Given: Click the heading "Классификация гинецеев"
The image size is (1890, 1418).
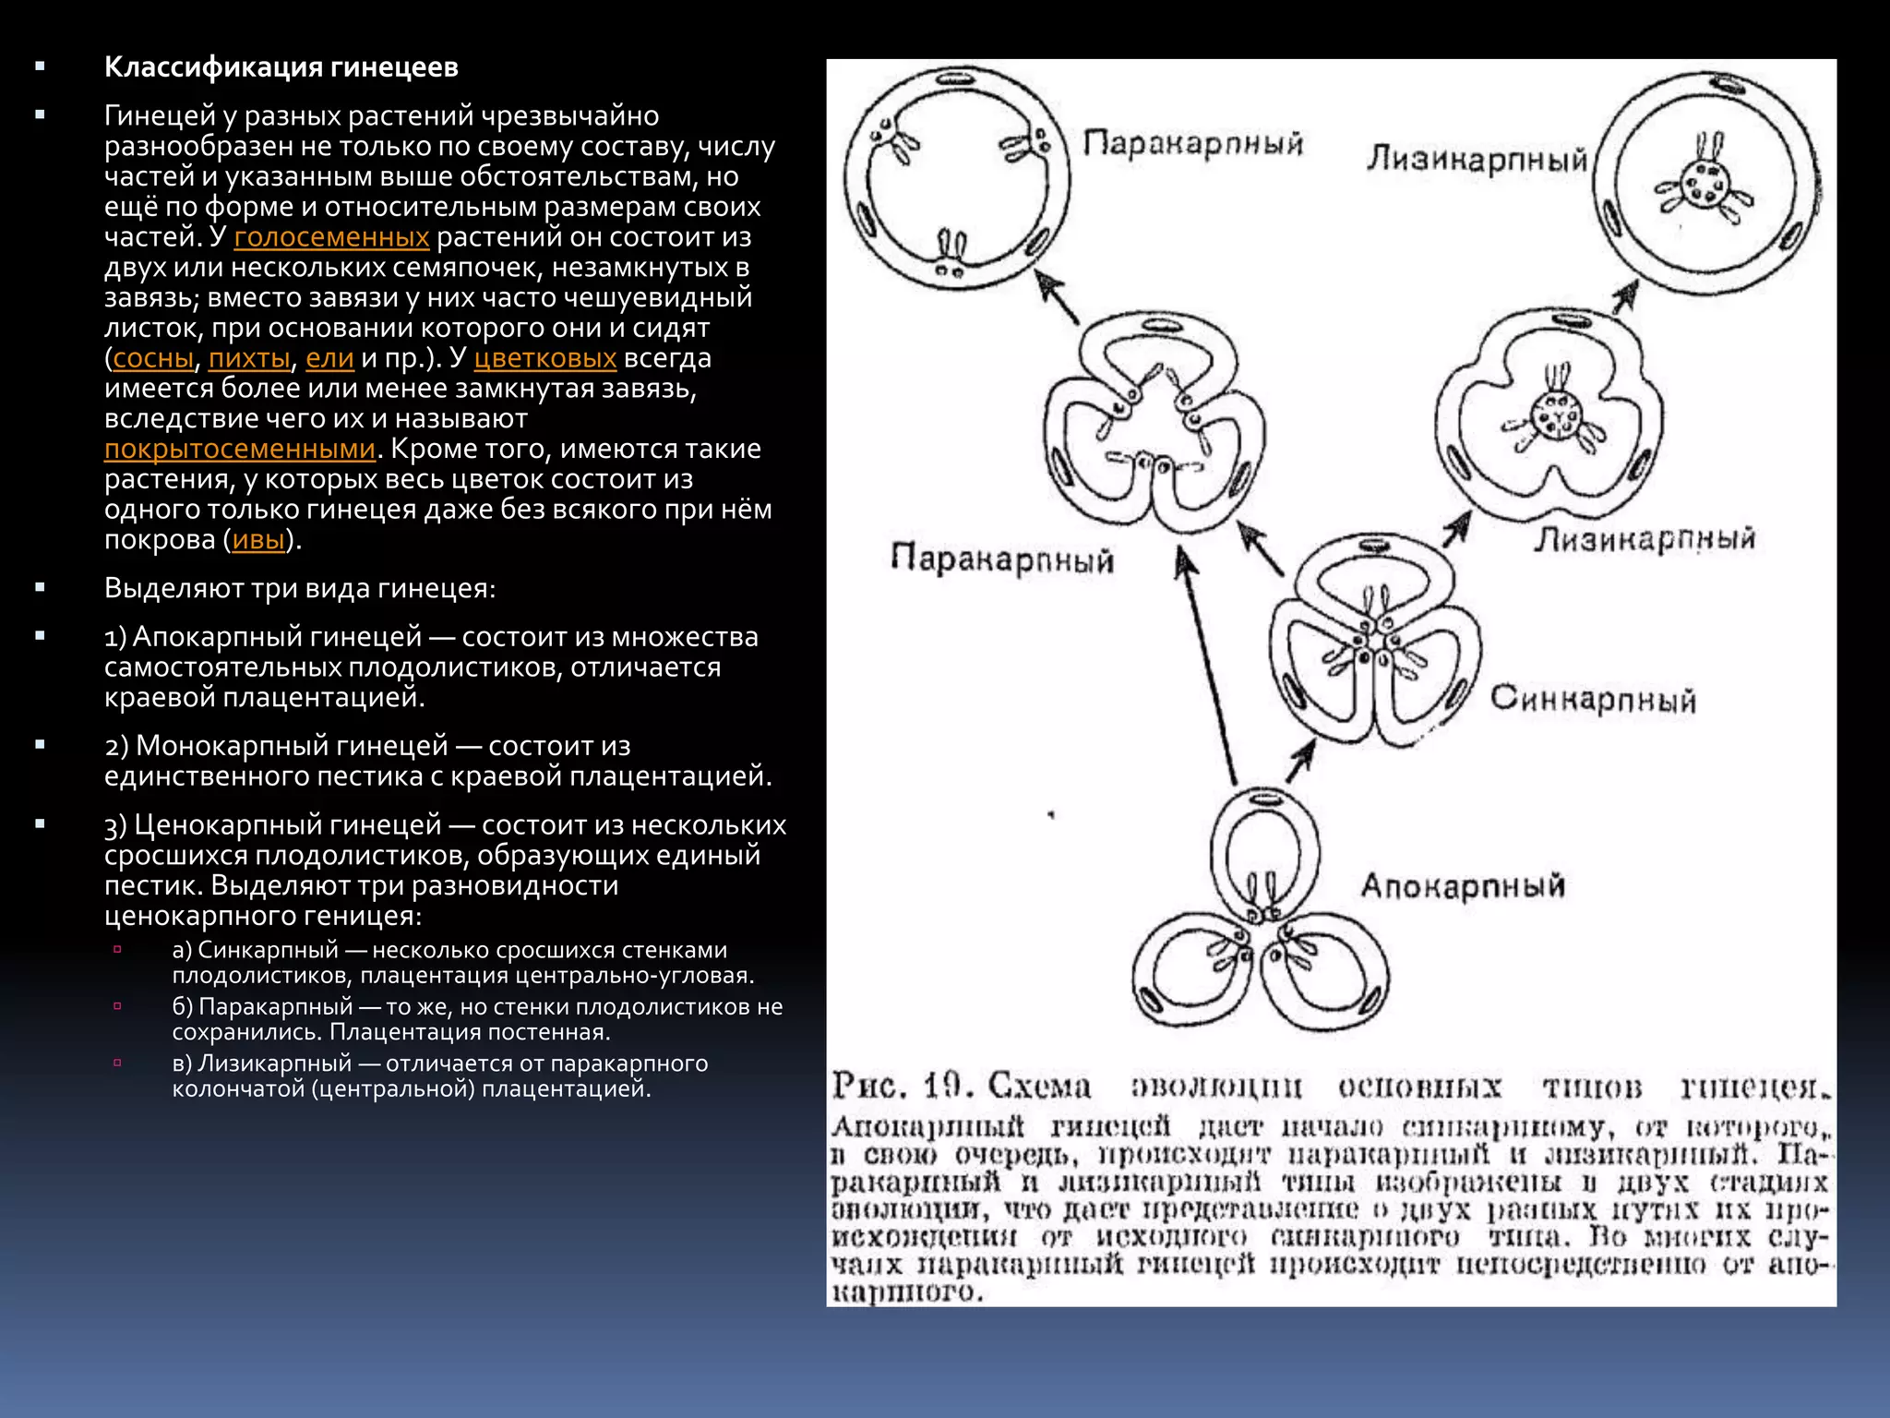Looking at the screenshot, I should tap(281, 67).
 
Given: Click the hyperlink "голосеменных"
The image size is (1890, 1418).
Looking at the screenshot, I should tap(331, 237).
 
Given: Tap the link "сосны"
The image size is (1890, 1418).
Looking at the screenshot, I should tap(153, 358).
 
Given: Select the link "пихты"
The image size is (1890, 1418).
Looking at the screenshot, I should tap(249, 358).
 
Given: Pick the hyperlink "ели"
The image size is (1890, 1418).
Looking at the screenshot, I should tap(329, 358).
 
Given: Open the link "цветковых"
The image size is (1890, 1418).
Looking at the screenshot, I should tap(544, 358).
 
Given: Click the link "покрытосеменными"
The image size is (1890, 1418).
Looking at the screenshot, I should tap(240, 449).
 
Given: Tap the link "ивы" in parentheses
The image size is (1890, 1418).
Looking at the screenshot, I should tap(258, 540).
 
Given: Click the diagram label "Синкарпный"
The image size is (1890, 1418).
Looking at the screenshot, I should tap(1593, 699).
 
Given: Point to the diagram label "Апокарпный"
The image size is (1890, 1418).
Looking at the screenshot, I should tap(1463, 886).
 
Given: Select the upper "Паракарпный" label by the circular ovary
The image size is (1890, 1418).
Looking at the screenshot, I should tap(1192, 144).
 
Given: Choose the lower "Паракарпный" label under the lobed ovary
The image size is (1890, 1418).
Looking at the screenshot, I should tap(1002, 559).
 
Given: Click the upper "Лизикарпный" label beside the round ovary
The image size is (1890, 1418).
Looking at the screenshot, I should tap(1476, 159).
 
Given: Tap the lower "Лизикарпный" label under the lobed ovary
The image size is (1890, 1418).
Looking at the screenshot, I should tap(1645, 539).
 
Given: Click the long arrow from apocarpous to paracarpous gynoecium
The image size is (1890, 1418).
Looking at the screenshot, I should tap(1206, 665).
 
